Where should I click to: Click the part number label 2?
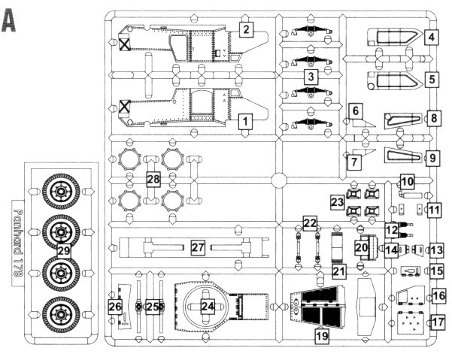[x=245, y=29]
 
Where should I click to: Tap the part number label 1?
[x=244, y=120]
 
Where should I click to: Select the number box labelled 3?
[x=309, y=77]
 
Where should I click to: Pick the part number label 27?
[x=198, y=247]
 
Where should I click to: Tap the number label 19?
[x=322, y=337]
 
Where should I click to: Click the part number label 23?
[x=338, y=203]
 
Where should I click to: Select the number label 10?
[x=407, y=181]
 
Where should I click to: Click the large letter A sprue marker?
[x=10, y=21]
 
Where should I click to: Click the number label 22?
[x=310, y=222]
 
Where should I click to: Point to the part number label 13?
[x=436, y=248]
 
